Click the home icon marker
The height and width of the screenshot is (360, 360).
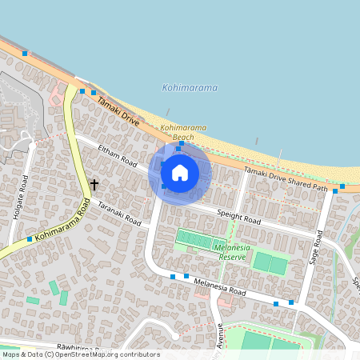(180, 172)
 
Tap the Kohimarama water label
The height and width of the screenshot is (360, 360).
(190, 88)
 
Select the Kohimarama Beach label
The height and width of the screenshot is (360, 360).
(183, 133)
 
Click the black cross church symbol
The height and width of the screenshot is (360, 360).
(94, 185)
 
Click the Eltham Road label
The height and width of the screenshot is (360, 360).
(118, 155)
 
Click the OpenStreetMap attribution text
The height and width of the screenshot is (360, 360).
(80, 354)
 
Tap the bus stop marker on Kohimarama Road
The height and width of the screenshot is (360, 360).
(30, 239)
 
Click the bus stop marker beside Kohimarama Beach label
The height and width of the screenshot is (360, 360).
(178, 149)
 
